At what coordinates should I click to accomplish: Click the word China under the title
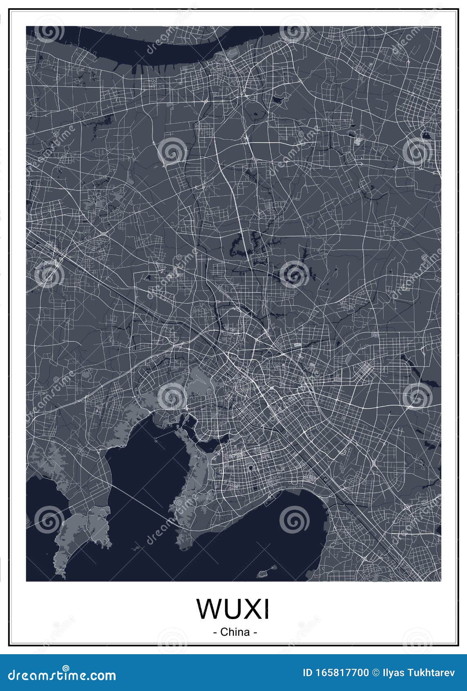(235, 632)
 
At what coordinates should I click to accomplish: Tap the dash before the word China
(215, 632)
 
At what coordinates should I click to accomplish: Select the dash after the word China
(255, 632)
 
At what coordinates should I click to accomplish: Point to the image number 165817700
(341, 673)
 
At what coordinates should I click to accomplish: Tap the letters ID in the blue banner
(307, 673)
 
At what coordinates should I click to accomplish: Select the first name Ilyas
(393, 673)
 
